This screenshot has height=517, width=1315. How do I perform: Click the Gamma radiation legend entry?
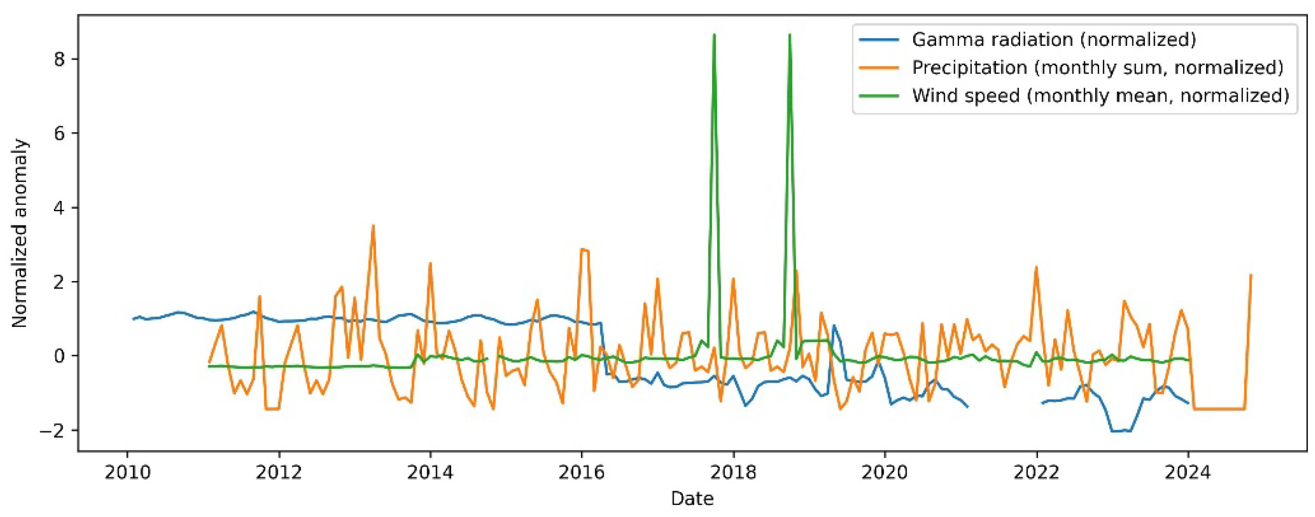tap(1054, 40)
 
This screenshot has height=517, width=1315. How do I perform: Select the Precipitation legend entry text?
tap(1098, 68)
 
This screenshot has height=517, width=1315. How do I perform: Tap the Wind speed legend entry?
tap(1100, 96)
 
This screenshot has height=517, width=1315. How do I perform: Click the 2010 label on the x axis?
tap(127, 473)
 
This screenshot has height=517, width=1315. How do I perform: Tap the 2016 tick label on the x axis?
tap(582, 473)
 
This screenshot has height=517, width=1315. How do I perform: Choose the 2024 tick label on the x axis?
tap(1188, 473)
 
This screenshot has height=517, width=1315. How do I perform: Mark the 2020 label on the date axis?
tap(884, 473)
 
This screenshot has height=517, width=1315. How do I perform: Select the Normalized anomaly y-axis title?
tap(20, 233)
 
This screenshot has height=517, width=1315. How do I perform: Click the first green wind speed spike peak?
tap(714, 35)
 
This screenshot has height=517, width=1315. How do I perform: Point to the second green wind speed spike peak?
tap(790, 35)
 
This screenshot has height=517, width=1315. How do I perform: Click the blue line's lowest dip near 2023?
tap(1118, 431)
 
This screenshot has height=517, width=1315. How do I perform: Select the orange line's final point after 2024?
tap(1250, 275)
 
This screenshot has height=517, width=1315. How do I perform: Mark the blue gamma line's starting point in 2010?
tap(133, 319)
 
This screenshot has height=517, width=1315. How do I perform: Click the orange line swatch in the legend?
tap(879, 68)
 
